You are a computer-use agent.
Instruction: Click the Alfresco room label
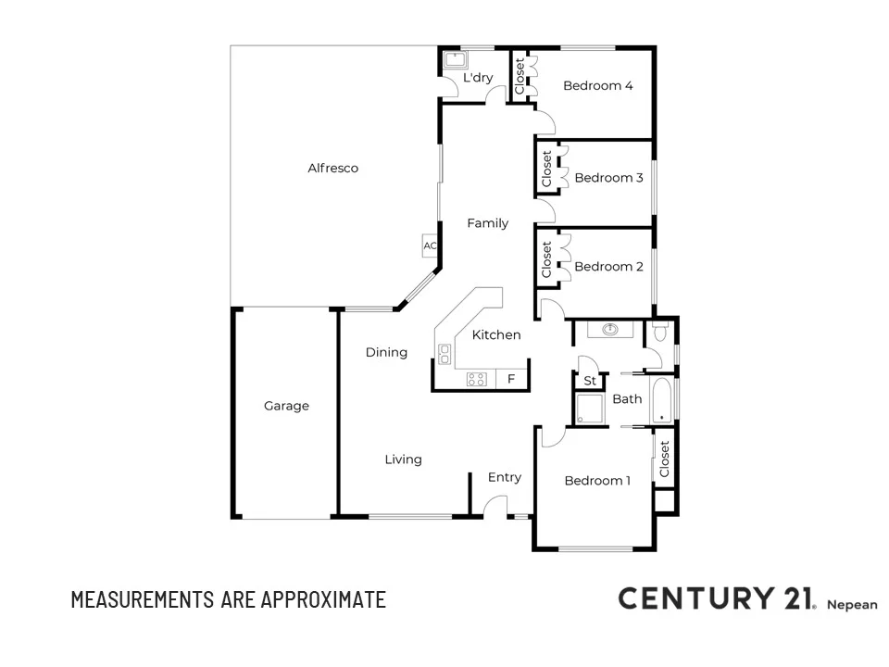click(x=332, y=169)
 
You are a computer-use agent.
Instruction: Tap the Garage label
click(x=286, y=406)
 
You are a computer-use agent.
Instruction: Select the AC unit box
click(x=430, y=246)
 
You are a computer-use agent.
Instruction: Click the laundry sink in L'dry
click(x=454, y=61)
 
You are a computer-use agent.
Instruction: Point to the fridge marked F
click(x=511, y=379)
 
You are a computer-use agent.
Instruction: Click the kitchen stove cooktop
click(x=476, y=379)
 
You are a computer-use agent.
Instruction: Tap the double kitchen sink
click(x=444, y=353)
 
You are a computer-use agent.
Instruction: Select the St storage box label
click(x=589, y=381)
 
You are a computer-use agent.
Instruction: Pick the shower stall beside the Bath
click(x=589, y=409)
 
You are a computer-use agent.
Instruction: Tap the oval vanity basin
click(x=610, y=329)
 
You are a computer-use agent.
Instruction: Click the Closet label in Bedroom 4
click(x=520, y=75)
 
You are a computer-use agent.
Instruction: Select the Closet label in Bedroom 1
click(x=664, y=459)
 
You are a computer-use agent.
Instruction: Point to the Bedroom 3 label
click(x=608, y=178)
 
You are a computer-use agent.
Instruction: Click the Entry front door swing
click(x=496, y=506)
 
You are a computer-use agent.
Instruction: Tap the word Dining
click(x=386, y=352)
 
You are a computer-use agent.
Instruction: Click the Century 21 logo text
click(x=715, y=598)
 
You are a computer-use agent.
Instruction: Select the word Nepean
click(x=851, y=603)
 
